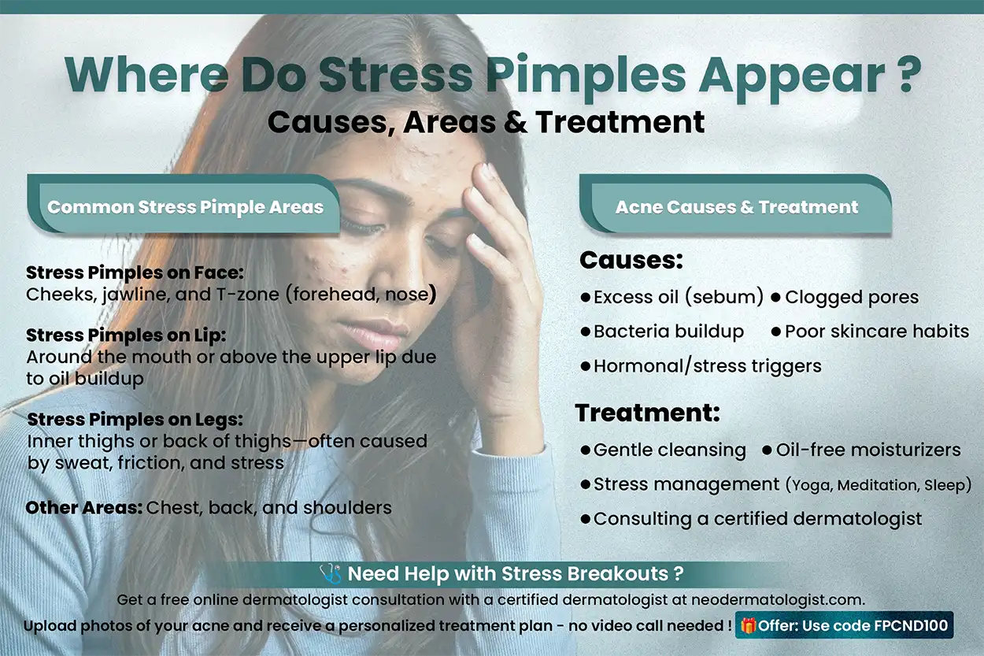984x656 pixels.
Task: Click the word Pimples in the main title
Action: tap(585, 75)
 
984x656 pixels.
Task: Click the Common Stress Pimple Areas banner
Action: tap(185, 208)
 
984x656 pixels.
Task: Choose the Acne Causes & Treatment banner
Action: tap(737, 208)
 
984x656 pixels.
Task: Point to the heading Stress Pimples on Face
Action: tap(135, 273)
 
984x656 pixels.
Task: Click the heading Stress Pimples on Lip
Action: tap(126, 335)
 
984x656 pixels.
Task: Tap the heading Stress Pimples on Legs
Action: tap(135, 419)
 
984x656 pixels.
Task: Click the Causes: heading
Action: tap(631, 261)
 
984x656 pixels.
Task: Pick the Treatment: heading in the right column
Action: tap(647, 413)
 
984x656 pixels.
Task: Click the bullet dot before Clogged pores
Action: tap(775, 298)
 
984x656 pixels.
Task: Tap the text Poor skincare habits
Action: tap(876, 332)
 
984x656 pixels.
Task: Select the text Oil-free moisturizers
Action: tap(867, 450)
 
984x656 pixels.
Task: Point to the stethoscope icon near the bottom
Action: tap(330, 573)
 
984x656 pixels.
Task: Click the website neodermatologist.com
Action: tap(778, 599)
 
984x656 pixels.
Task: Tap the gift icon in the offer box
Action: tap(749, 627)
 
